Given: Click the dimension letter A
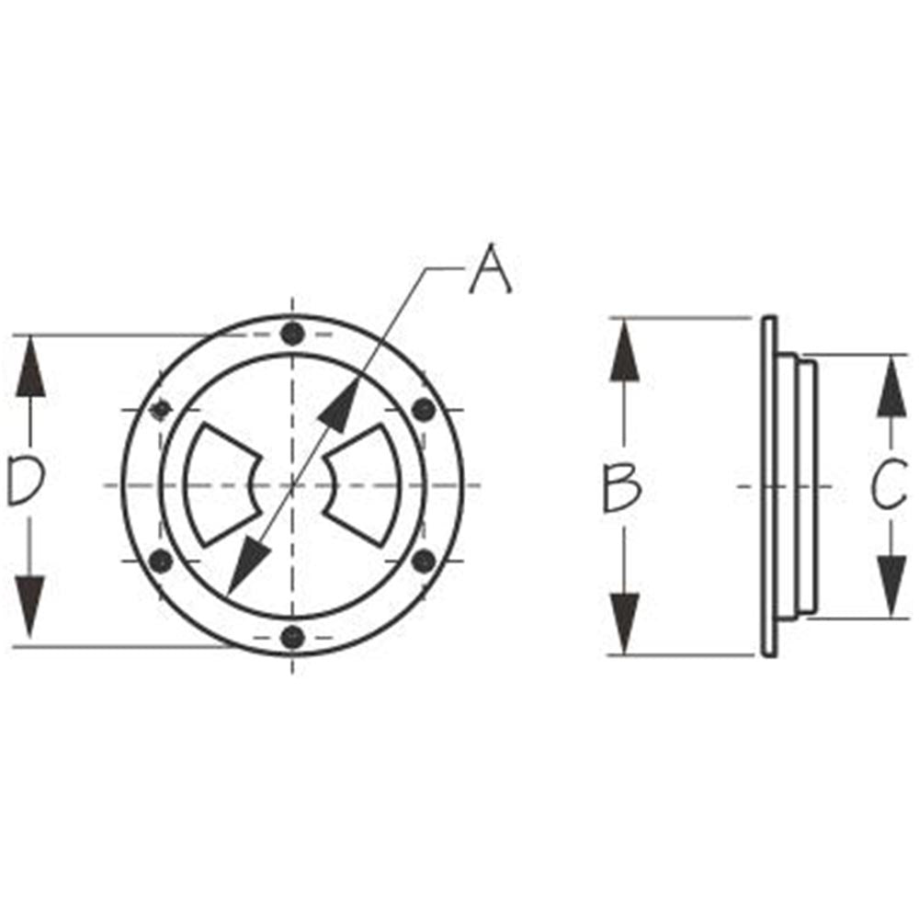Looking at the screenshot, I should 491,269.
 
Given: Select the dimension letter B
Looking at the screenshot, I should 622,488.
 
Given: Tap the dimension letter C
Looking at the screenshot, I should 889,487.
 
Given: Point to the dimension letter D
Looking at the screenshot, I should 27,483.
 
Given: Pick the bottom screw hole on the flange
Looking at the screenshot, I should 292,635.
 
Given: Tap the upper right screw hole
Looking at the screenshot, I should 423,410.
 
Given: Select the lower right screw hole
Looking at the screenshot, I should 423,560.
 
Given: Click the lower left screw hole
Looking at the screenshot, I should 161,560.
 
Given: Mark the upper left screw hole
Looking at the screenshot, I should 162,409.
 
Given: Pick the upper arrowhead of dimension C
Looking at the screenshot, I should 889,386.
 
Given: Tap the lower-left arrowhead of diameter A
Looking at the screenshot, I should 243,570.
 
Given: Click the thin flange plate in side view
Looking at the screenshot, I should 769,486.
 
